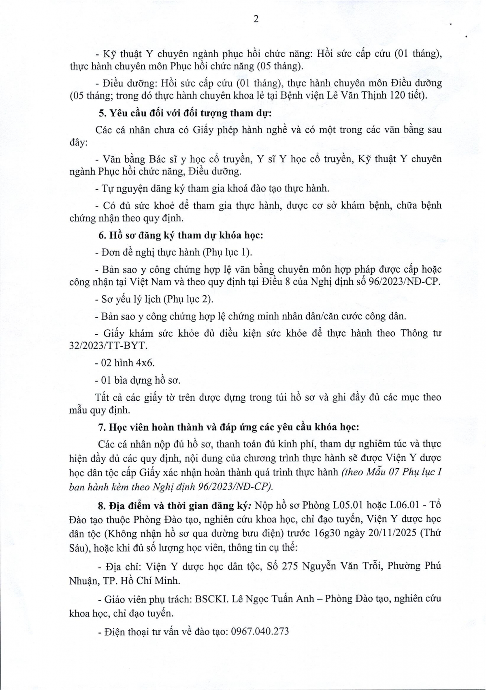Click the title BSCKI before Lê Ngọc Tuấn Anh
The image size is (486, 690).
click(x=211, y=598)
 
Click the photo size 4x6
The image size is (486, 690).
click(x=146, y=363)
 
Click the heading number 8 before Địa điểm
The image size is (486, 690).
click(x=101, y=505)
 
